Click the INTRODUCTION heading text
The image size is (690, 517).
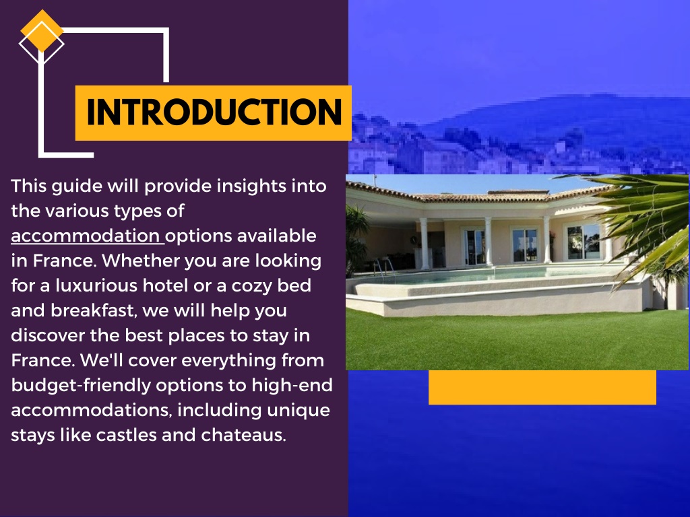click(x=213, y=112)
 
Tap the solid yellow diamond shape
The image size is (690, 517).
click(x=42, y=30)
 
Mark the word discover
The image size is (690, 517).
click(x=47, y=335)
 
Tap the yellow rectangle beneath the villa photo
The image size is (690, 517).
click(x=542, y=387)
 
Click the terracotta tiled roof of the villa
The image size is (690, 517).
click(x=472, y=196)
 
